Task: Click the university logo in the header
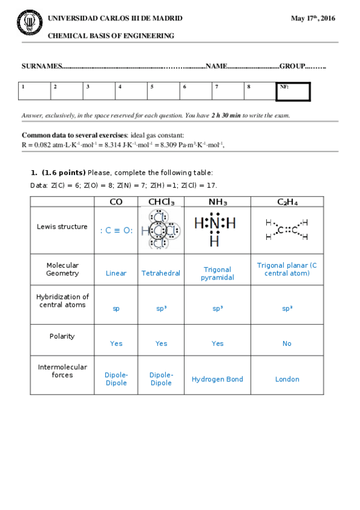point(29,23)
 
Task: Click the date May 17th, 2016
point(313,19)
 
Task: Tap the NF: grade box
point(293,91)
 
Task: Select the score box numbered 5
point(163,91)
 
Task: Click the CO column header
point(116,202)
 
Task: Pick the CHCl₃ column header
point(161,202)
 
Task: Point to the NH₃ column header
point(218,202)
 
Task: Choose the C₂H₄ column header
point(287,202)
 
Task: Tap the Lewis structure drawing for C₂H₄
point(287,229)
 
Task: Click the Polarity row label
point(63,336)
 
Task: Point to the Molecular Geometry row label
point(63,269)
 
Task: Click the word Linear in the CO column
point(116,273)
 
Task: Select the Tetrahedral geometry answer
point(161,273)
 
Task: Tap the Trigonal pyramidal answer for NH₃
point(218,274)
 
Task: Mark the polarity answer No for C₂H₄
point(287,343)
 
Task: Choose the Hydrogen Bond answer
point(218,379)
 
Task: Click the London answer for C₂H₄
point(287,379)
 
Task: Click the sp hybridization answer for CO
point(116,309)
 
